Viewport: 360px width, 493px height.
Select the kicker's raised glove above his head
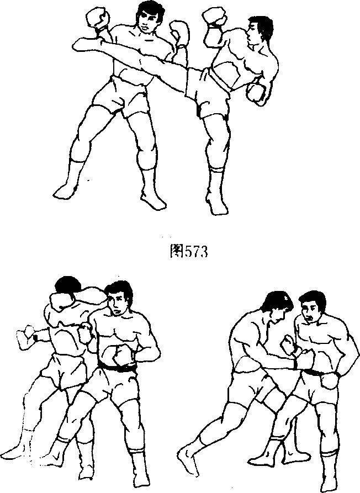pos(214,17)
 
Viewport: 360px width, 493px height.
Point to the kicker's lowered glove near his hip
pos(256,93)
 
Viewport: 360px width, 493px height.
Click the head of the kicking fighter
pos(259,30)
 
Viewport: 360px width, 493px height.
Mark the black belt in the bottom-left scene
pos(117,368)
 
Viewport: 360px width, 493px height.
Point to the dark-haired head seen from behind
pos(67,287)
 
